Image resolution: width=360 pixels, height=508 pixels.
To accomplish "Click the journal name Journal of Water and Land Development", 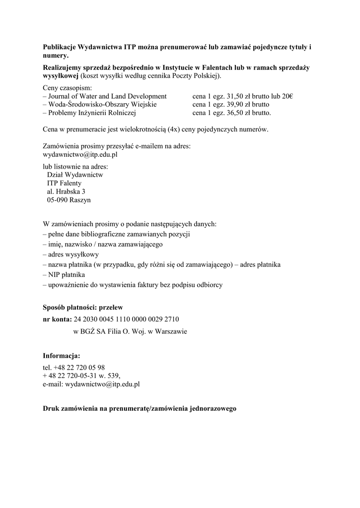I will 107,96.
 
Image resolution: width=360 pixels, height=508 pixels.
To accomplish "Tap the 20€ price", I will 288,96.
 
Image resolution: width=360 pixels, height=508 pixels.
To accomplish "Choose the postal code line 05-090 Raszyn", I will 69,200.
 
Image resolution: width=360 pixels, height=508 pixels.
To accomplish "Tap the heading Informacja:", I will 62,356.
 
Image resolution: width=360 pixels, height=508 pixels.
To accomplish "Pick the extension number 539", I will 112,376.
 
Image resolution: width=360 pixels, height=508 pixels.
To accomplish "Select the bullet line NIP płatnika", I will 67,275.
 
